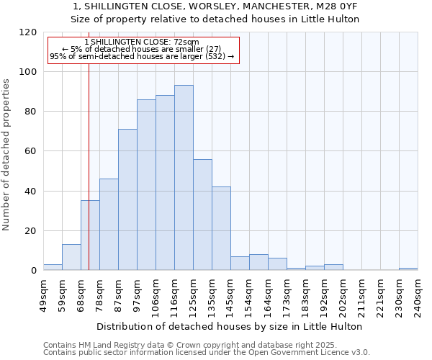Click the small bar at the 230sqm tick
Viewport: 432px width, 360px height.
coord(408,269)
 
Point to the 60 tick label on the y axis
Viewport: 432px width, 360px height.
coord(31,151)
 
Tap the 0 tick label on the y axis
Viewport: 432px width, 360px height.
coord(34,271)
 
